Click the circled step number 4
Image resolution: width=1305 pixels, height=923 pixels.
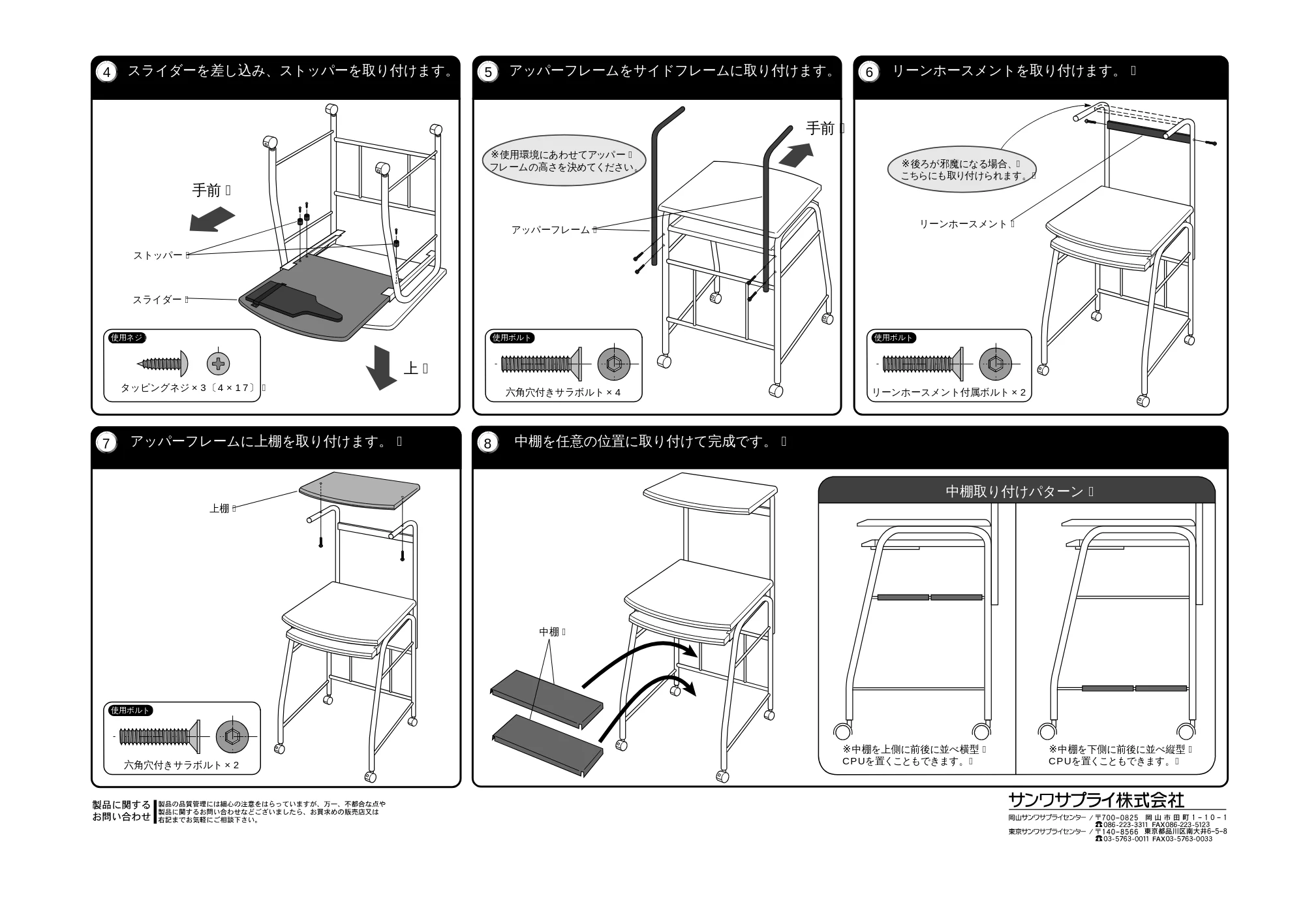[107, 72]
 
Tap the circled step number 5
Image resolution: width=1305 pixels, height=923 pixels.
[488, 72]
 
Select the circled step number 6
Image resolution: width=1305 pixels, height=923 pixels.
[869, 72]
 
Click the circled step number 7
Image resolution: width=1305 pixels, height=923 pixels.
[106, 443]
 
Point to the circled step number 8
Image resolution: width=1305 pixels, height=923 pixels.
[488, 443]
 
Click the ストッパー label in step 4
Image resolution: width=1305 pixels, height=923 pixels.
[158, 255]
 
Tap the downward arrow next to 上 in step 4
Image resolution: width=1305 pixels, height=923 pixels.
[381, 368]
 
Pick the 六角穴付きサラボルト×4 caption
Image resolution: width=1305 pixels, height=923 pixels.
[563, 392]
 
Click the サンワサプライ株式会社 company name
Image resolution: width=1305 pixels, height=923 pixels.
[1096, 800]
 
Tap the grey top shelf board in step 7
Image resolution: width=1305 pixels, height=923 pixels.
[360, 490]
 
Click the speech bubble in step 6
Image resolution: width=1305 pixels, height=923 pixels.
[961, 169]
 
